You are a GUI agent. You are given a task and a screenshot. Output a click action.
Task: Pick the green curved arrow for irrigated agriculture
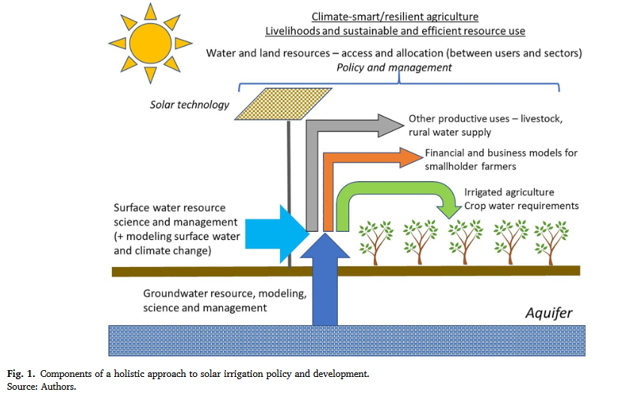point(398,192)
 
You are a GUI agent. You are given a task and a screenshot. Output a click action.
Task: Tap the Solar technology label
point(190,105)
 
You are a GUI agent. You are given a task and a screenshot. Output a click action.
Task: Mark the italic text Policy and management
point(394,67)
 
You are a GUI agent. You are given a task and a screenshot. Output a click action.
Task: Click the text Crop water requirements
point(521,205)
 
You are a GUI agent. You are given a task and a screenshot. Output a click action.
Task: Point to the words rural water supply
point(450,132)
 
